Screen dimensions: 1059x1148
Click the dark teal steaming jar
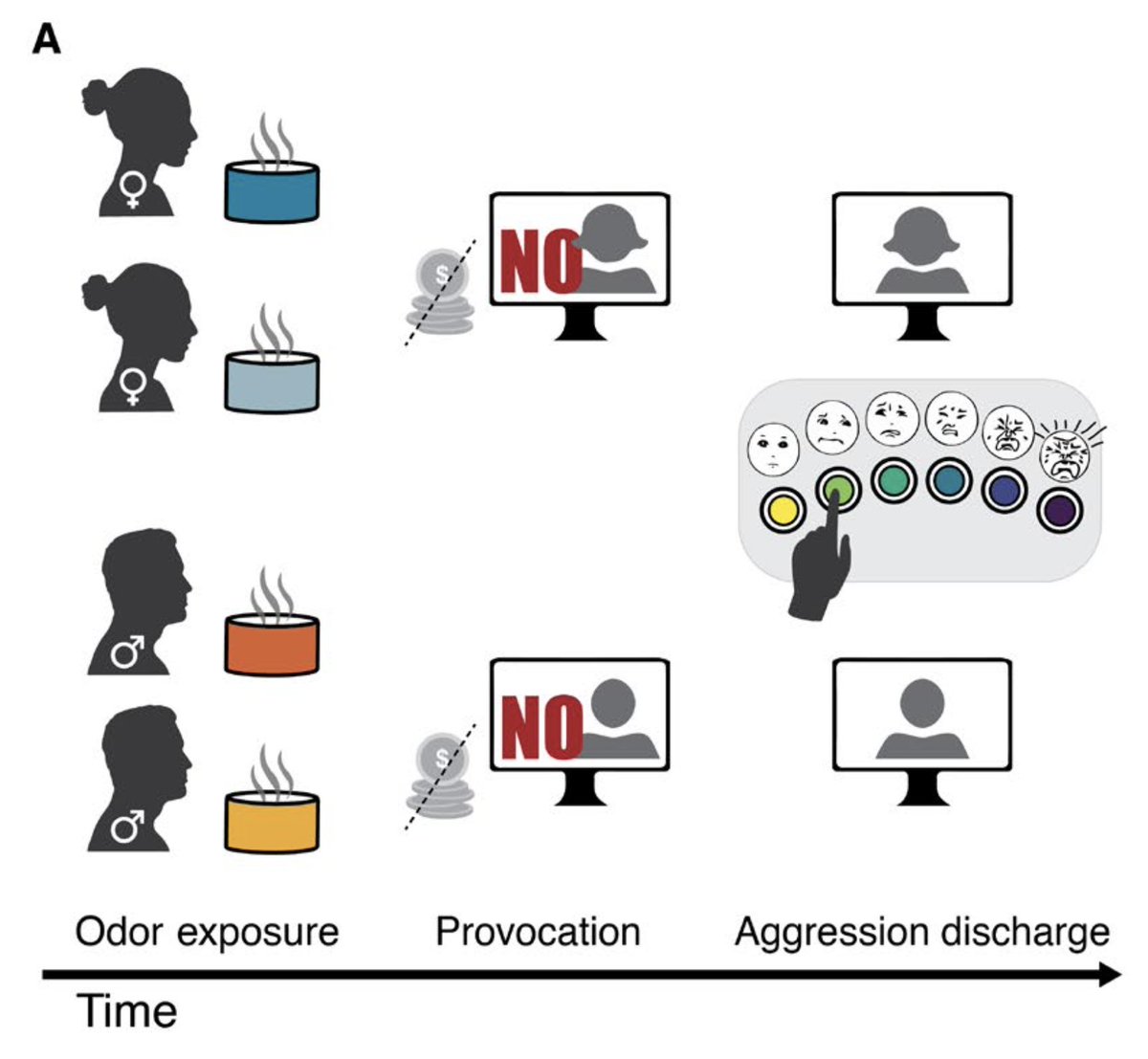pyautogui.click(x=271, y=191)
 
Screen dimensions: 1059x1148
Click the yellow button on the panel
pyautogui.click(x=783, y=510)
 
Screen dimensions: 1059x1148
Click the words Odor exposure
pyautogui.click(x=207, y=931)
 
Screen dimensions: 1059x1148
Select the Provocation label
pyautogui.click(x=538, y=931)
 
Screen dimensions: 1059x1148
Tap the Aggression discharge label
pyautogui.click(x=921, y=931)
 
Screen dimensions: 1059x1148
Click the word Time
pyautogui.click(x=126, y=1011)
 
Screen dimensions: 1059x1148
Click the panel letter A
pyautogui.click(x=46, y=39)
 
